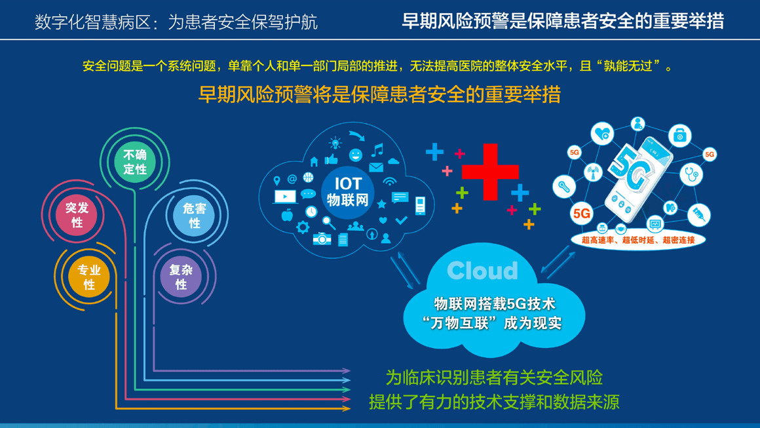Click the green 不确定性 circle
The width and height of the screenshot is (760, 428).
[x=135, y=161]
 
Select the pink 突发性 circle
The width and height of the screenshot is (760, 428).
[x=77, y=215]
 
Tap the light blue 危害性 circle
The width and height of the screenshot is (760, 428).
[x=195, y=215]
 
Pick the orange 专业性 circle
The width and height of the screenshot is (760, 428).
[x=88, y=277]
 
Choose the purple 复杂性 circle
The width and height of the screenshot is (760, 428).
[x=181, y=277]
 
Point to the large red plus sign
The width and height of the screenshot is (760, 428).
[x=490, y=172]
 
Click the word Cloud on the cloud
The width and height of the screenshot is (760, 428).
[x=482, y=271]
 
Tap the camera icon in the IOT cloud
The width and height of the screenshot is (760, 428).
[x=322, y=239]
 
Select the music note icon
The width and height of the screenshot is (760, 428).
[x=377, y=150]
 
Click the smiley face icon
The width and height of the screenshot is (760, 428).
[x=356, y=155]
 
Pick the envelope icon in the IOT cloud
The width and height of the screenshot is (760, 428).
[x=376, y=168]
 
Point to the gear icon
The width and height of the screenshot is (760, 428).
[x=303, y=227]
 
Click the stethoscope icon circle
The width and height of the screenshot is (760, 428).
[x=691, y=174]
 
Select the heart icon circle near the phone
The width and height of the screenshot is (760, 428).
[x=603, y=133]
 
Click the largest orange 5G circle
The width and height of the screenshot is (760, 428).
[x=582, y=213]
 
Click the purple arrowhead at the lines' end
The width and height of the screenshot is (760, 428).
[x=346, y=371]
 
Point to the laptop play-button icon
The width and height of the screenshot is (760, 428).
[x=285, y=197]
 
